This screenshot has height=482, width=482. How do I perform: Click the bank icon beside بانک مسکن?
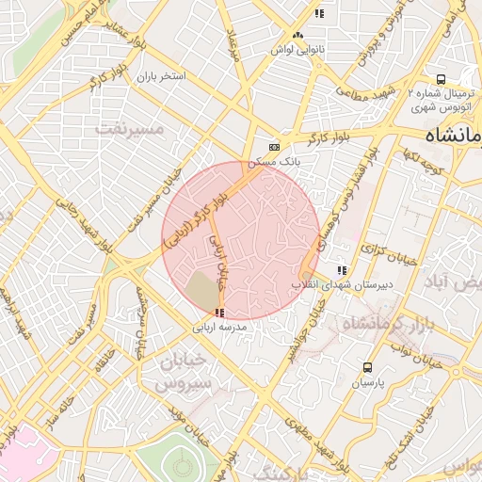[x=274, y=147]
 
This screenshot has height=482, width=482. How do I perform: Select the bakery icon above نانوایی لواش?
[x=298, y=35]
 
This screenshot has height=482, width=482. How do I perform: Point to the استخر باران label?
[x=162, y=75]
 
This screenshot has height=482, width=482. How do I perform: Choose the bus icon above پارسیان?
[x=367, y=368]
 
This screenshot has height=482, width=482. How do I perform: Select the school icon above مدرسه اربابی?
[x=219, y=313]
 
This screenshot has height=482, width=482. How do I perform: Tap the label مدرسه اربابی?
[x=219, y=328]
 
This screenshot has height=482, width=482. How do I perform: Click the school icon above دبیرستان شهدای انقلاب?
[x=341, y=270]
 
